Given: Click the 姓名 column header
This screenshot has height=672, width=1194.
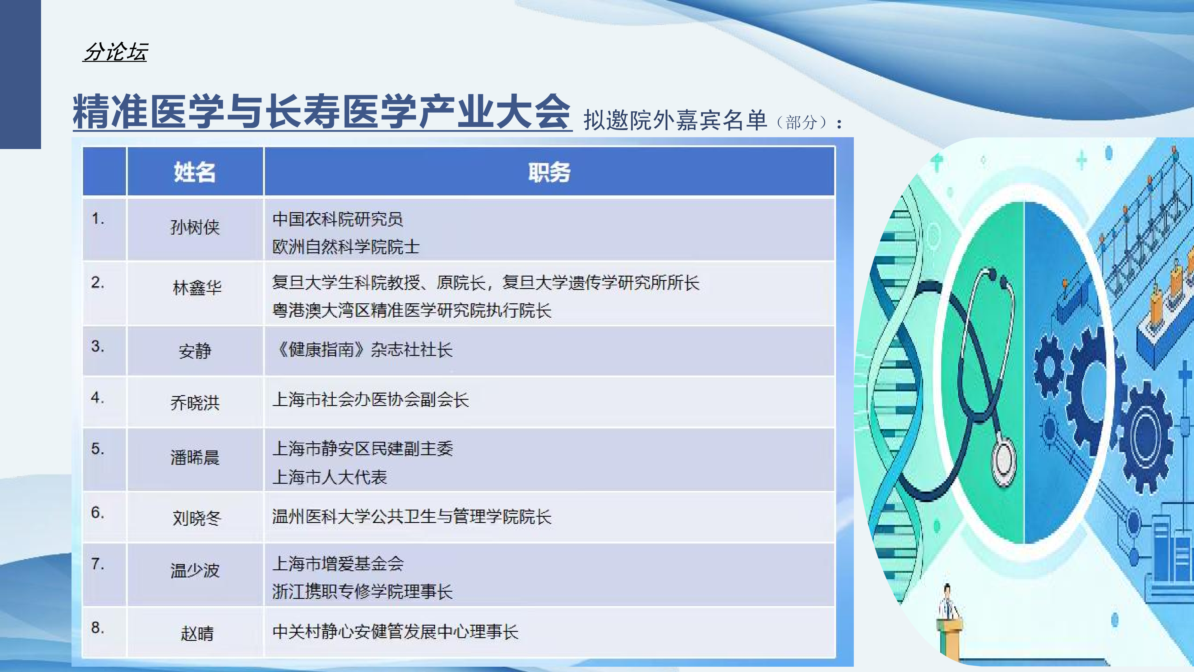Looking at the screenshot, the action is (195, 172).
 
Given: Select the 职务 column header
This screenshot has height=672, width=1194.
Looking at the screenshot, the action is (549, 172).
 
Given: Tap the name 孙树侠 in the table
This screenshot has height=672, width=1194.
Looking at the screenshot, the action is (195, 227).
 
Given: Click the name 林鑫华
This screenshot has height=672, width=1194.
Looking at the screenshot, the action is (197, 287).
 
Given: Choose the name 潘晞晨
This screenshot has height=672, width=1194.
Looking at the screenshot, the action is (195, 457).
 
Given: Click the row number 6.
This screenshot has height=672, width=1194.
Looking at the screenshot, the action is (97, 512).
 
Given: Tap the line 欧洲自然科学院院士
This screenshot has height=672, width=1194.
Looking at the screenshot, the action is (346, 247).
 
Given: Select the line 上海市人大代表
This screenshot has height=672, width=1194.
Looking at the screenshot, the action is (330, 477).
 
